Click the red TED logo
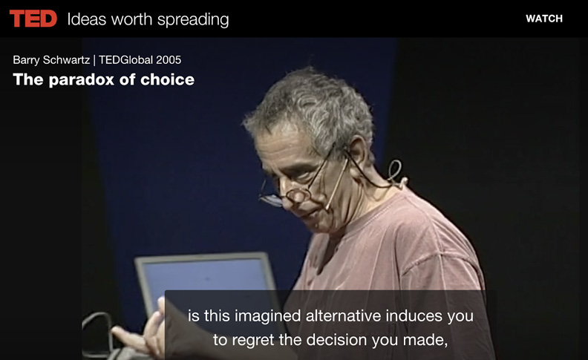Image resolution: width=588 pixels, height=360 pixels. pos(33,19)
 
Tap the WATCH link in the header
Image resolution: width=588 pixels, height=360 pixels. pos(544,19)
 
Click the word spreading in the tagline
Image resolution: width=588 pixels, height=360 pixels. pos(193,20)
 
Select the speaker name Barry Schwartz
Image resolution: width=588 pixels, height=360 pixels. pos(51,60)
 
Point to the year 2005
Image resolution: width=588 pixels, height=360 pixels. pos(169,60)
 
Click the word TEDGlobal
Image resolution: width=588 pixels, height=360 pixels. pos(125,60)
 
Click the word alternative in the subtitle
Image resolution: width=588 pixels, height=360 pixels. pos(343,315)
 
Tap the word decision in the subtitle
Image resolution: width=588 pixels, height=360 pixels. pos(336,340)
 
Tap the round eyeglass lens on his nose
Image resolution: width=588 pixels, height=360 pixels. pos(298,195)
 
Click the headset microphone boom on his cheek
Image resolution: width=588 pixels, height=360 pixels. pos(337,184)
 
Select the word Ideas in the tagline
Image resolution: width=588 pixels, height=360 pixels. pos(87,19)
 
